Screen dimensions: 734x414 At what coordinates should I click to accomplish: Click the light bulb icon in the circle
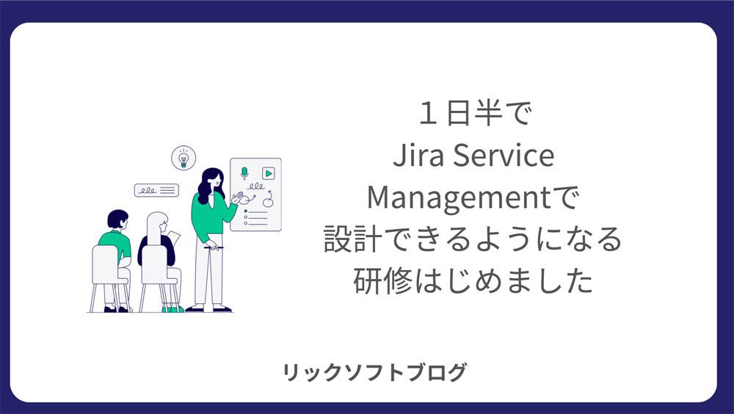point(183,159)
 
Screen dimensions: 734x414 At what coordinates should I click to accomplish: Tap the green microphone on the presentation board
point(244,172)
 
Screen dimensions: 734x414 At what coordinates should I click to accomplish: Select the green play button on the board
point(268,173)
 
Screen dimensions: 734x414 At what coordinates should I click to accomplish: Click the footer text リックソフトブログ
point(375,372)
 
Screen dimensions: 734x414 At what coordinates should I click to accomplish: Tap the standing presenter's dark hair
point(208,184)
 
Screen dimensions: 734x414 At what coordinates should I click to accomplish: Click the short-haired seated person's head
point(117,219)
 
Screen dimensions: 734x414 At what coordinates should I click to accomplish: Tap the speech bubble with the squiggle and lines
point(156,190)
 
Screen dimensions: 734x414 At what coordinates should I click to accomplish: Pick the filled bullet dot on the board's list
point(246,211)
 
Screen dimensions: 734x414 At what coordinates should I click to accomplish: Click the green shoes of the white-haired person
point(172,309)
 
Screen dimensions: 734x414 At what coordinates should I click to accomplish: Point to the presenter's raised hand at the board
point(237,198)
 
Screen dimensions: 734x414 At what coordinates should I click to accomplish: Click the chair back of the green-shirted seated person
point(105,264)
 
